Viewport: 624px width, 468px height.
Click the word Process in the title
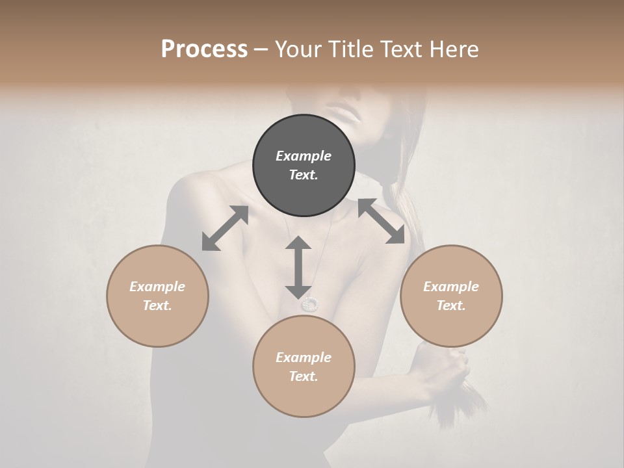(x=204, y=49)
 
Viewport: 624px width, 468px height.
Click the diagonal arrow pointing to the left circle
(x=225, y=228)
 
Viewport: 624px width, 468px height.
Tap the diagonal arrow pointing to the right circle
(x=382, y=221)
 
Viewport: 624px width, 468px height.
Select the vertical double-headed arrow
(x=298, y=267)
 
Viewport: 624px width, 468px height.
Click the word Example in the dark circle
(x=304, y=156)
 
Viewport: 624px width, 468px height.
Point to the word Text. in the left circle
(x=157, y=305)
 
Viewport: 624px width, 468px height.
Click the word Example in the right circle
(x=451, y=287)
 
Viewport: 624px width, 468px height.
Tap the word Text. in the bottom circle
(x=304, y=376)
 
